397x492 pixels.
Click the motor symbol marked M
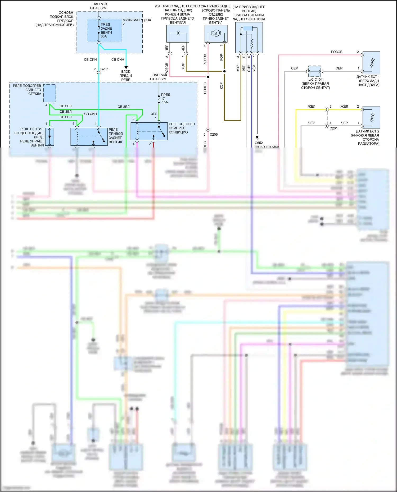pyautogui.click(x=216, y=33)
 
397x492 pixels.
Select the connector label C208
pyautogui.click(x=104, y=69)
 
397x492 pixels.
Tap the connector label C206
pyautogui.click(x=214, y=135)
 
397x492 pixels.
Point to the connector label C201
pyautogui.click(x=333, y=128)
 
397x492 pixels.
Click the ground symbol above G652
pyautogui.click(x=257, y=138)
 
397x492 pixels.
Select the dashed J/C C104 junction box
pyautogui.click(x=315, y=71)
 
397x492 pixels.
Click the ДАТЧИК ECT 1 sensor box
pyautogui.click(x=371, y=63)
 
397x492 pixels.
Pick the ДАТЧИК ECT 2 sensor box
pyautogui.click(x=371, y=117)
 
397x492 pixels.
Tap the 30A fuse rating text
pyautogui.click(x=104, y=36)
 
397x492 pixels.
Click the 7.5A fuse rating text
pyautogui.click(x=164, y=102)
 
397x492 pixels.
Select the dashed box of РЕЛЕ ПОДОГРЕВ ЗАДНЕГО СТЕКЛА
pyautogui.click(x=49, y=93)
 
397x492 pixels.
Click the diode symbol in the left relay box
pyautogui.click(x=49, y=137)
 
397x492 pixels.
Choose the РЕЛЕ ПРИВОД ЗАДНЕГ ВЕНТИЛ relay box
pyautogui.click(x=89, y=137)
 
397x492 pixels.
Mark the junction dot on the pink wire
pyautogui.click(x=208, y=77)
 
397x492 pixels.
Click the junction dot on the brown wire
pyautogui.click(x=224, y=71)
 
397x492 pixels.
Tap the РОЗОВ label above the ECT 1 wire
pyautogui.click(x=336, y=52)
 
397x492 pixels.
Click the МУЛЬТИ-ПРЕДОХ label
pyautogui.click(x=137, y=20)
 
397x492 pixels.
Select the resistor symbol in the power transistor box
pyautogui.click(x=252, y=43)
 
